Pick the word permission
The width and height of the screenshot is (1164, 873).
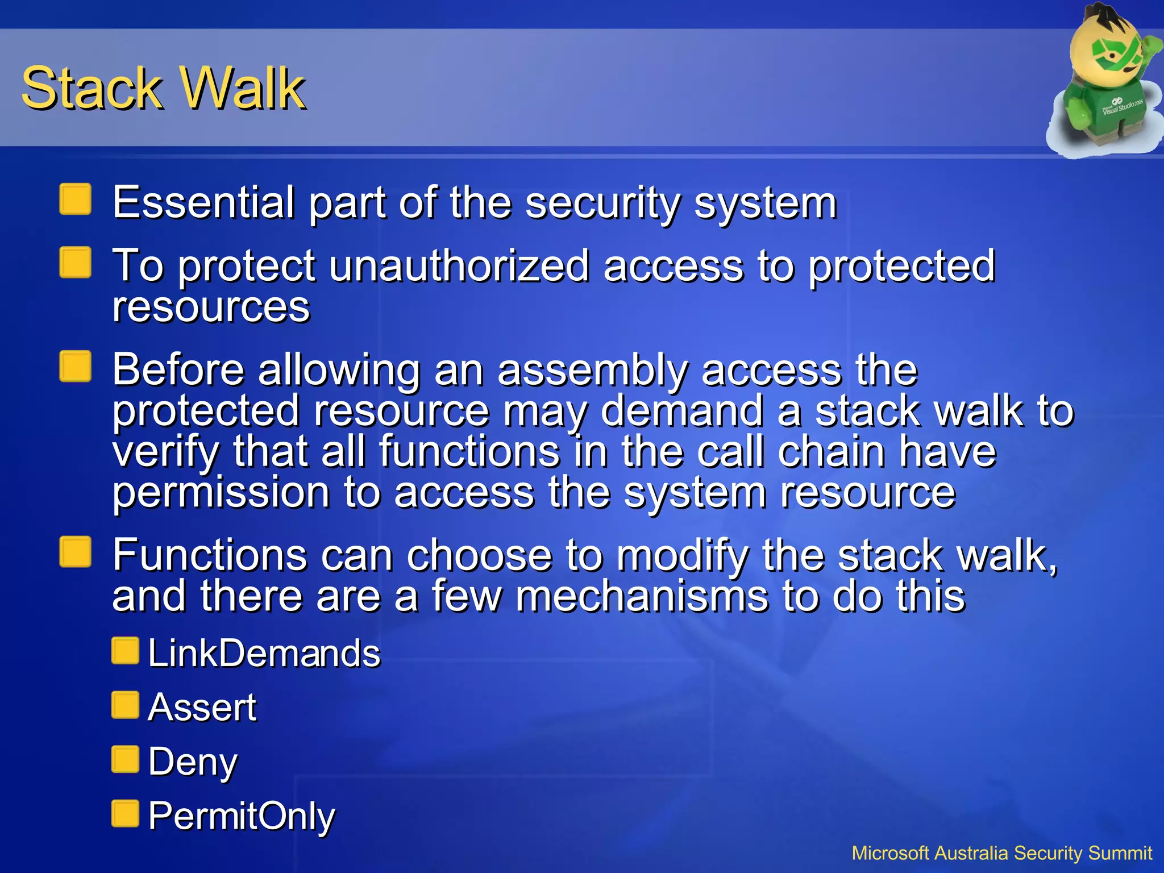221,492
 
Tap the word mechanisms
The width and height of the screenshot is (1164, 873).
642,596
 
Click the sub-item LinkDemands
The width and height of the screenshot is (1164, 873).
264,653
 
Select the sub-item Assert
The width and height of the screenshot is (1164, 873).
202,708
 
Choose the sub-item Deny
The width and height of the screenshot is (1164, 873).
193,762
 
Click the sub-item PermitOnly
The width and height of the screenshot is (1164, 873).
242,816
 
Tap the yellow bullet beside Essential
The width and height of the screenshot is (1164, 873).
76,199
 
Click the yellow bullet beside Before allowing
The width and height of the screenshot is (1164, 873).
76,367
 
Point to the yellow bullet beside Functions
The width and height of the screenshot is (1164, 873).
76,552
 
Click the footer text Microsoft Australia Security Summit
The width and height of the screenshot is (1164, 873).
1001,853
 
